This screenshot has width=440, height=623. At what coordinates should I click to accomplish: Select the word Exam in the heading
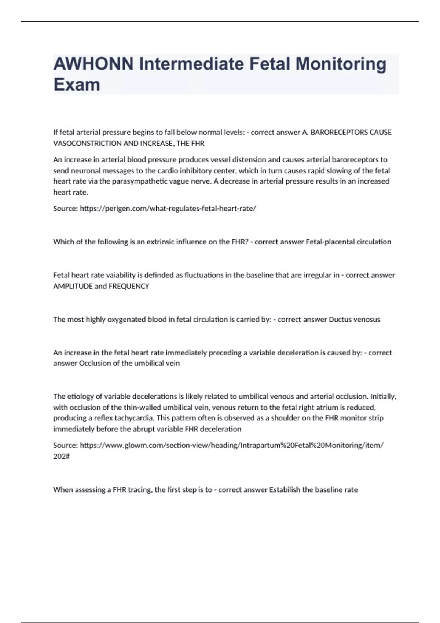pyautogui.click(x=77, y=85)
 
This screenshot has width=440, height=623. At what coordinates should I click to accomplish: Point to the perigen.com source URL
pyautogui.click(x=168, y=209)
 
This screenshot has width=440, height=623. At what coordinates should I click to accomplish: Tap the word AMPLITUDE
pyautogui.click(x=73, y=286)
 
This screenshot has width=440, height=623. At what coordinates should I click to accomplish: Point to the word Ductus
pyautogui.click(x=340, y=320)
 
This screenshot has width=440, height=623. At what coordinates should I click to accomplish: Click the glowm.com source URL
pyautogui.click(x=231, y=445)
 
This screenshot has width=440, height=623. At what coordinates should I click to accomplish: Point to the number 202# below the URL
pyautogui.click(x=61, y=456)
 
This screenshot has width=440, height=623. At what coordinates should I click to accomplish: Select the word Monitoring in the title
pyautogui.click(x=341, y=64)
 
